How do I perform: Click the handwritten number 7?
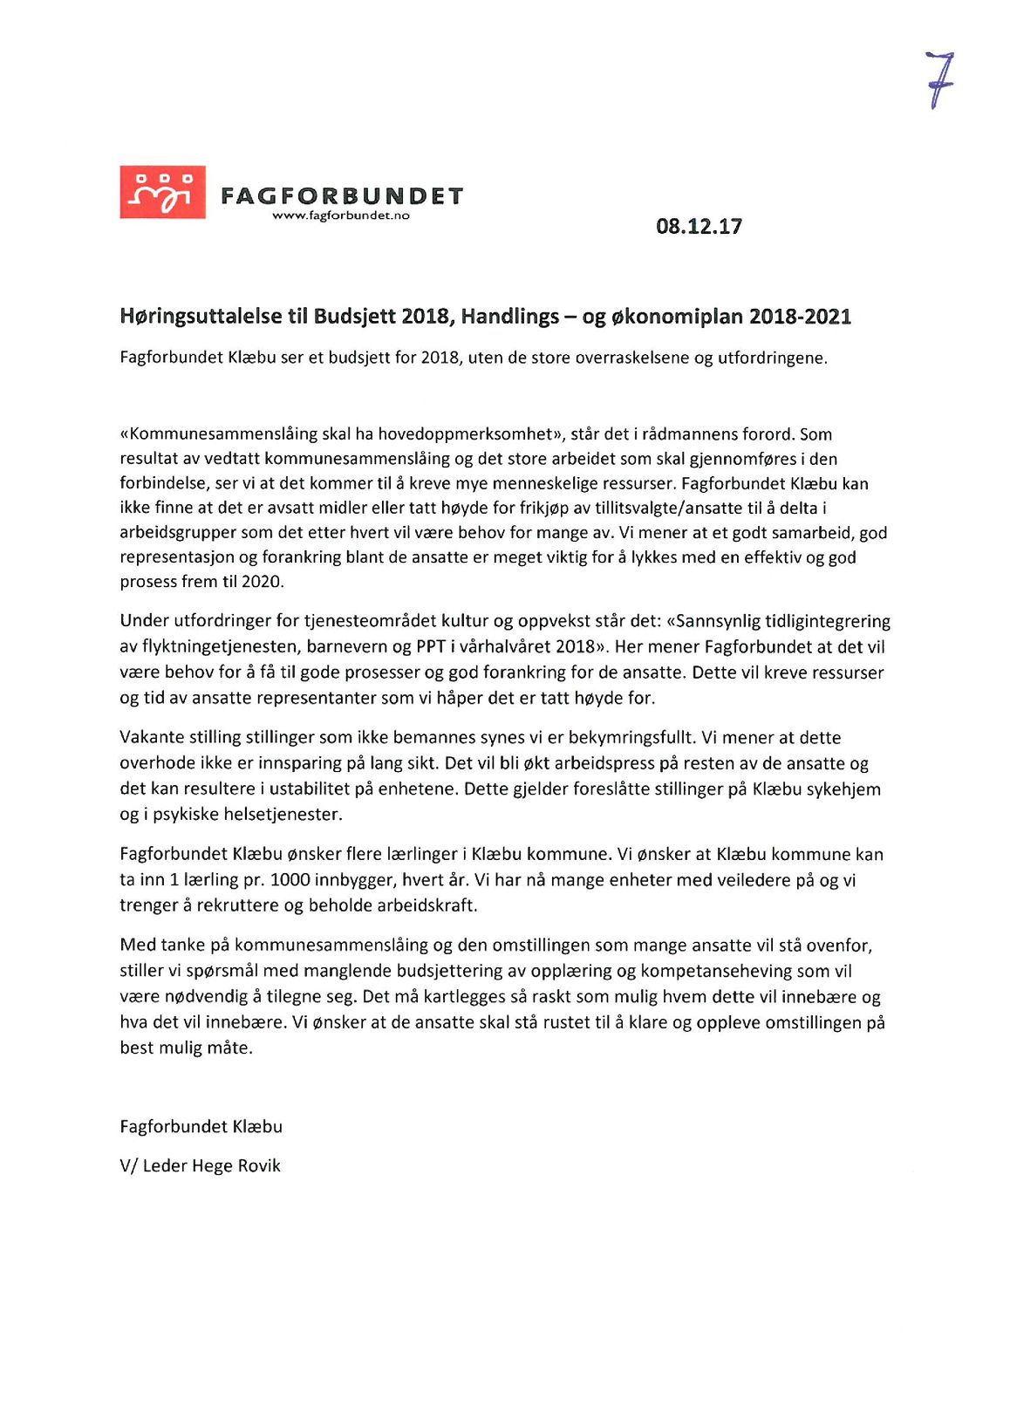click(x=939, y=79)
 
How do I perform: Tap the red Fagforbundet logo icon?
click(x=163, y=192)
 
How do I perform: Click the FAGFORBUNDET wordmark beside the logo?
click(x=341, y=195)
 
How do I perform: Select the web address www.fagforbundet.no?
click(x=341, y=215)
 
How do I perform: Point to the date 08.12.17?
click(x=699, y=227)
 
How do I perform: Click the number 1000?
click(x=290, y=880)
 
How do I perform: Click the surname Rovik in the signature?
click(x=259, y=1166)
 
